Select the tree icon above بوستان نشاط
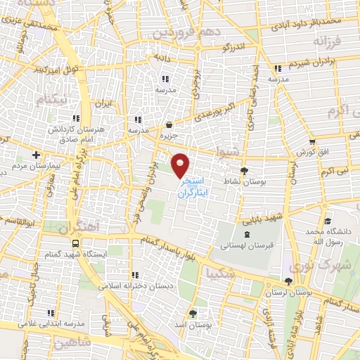coord(244,171)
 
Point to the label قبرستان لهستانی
coord(245,246)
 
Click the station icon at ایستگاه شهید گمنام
coord(75,241)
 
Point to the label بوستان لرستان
coord(288,291)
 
